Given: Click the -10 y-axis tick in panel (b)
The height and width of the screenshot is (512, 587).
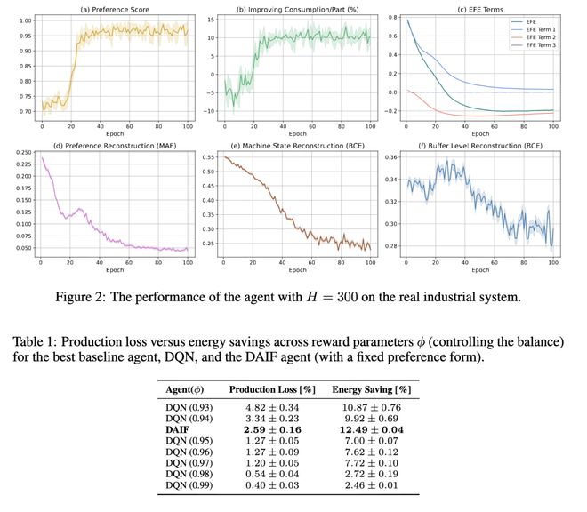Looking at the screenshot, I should coord(212,111).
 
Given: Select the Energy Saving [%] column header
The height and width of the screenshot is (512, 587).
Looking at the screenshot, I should coord(369,390).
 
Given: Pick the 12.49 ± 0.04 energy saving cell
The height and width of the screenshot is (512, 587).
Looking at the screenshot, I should coord(369,429).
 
